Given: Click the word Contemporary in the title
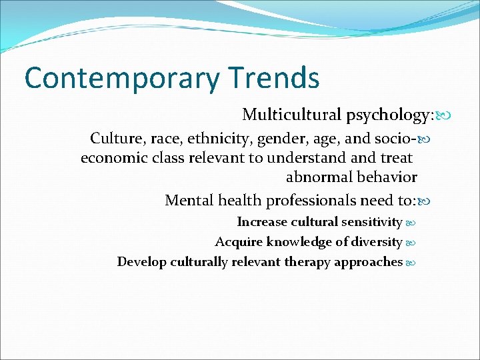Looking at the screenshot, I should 121,79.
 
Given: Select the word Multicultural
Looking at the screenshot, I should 291,115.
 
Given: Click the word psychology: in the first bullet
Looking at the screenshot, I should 389,115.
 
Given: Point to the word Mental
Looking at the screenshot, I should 189,200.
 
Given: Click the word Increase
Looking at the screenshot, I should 262,222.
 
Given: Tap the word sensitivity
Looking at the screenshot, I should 372,222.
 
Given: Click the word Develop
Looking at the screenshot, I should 141,262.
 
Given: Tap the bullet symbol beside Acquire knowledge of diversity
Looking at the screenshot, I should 411,243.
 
